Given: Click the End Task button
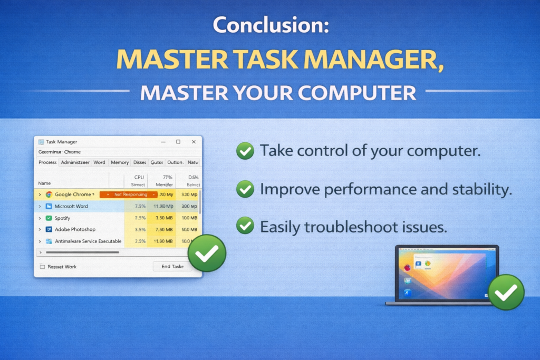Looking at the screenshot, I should (x=172, y=266).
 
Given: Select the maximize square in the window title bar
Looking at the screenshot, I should (x=178, y=142).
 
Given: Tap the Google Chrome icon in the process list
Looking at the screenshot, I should (x=49, y=194).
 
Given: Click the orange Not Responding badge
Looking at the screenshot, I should (x=129, y=194).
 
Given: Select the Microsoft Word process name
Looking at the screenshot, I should (x=71, y=206).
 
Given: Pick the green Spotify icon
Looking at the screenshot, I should (x=49, y=218).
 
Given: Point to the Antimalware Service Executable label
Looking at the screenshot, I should (x=88, y=241).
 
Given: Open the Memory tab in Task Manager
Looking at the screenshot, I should (x=120, y=162).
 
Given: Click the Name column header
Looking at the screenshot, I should (x=44, y=183).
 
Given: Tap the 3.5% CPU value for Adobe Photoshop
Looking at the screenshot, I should (x=140, y=229).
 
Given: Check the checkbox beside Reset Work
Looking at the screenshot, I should (x=42, y=267).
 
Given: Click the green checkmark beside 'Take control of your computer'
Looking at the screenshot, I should (x=244, y=152).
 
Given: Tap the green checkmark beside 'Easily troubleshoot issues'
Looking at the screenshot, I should (x=244, y=226).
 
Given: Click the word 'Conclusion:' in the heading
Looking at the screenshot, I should (x=270, y=25).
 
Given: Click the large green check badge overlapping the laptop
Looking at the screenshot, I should (x=506, y=291).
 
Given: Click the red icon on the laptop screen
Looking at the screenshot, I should (x=407, y=268).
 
